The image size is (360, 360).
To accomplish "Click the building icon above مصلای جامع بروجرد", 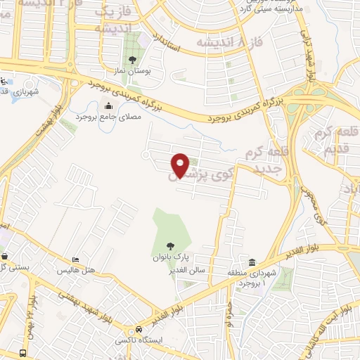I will click(x=109, y=106).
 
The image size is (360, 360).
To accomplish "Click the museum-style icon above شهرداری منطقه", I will click(x=251, y=262).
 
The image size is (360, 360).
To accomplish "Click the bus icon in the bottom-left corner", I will click(x=23, y=352).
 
